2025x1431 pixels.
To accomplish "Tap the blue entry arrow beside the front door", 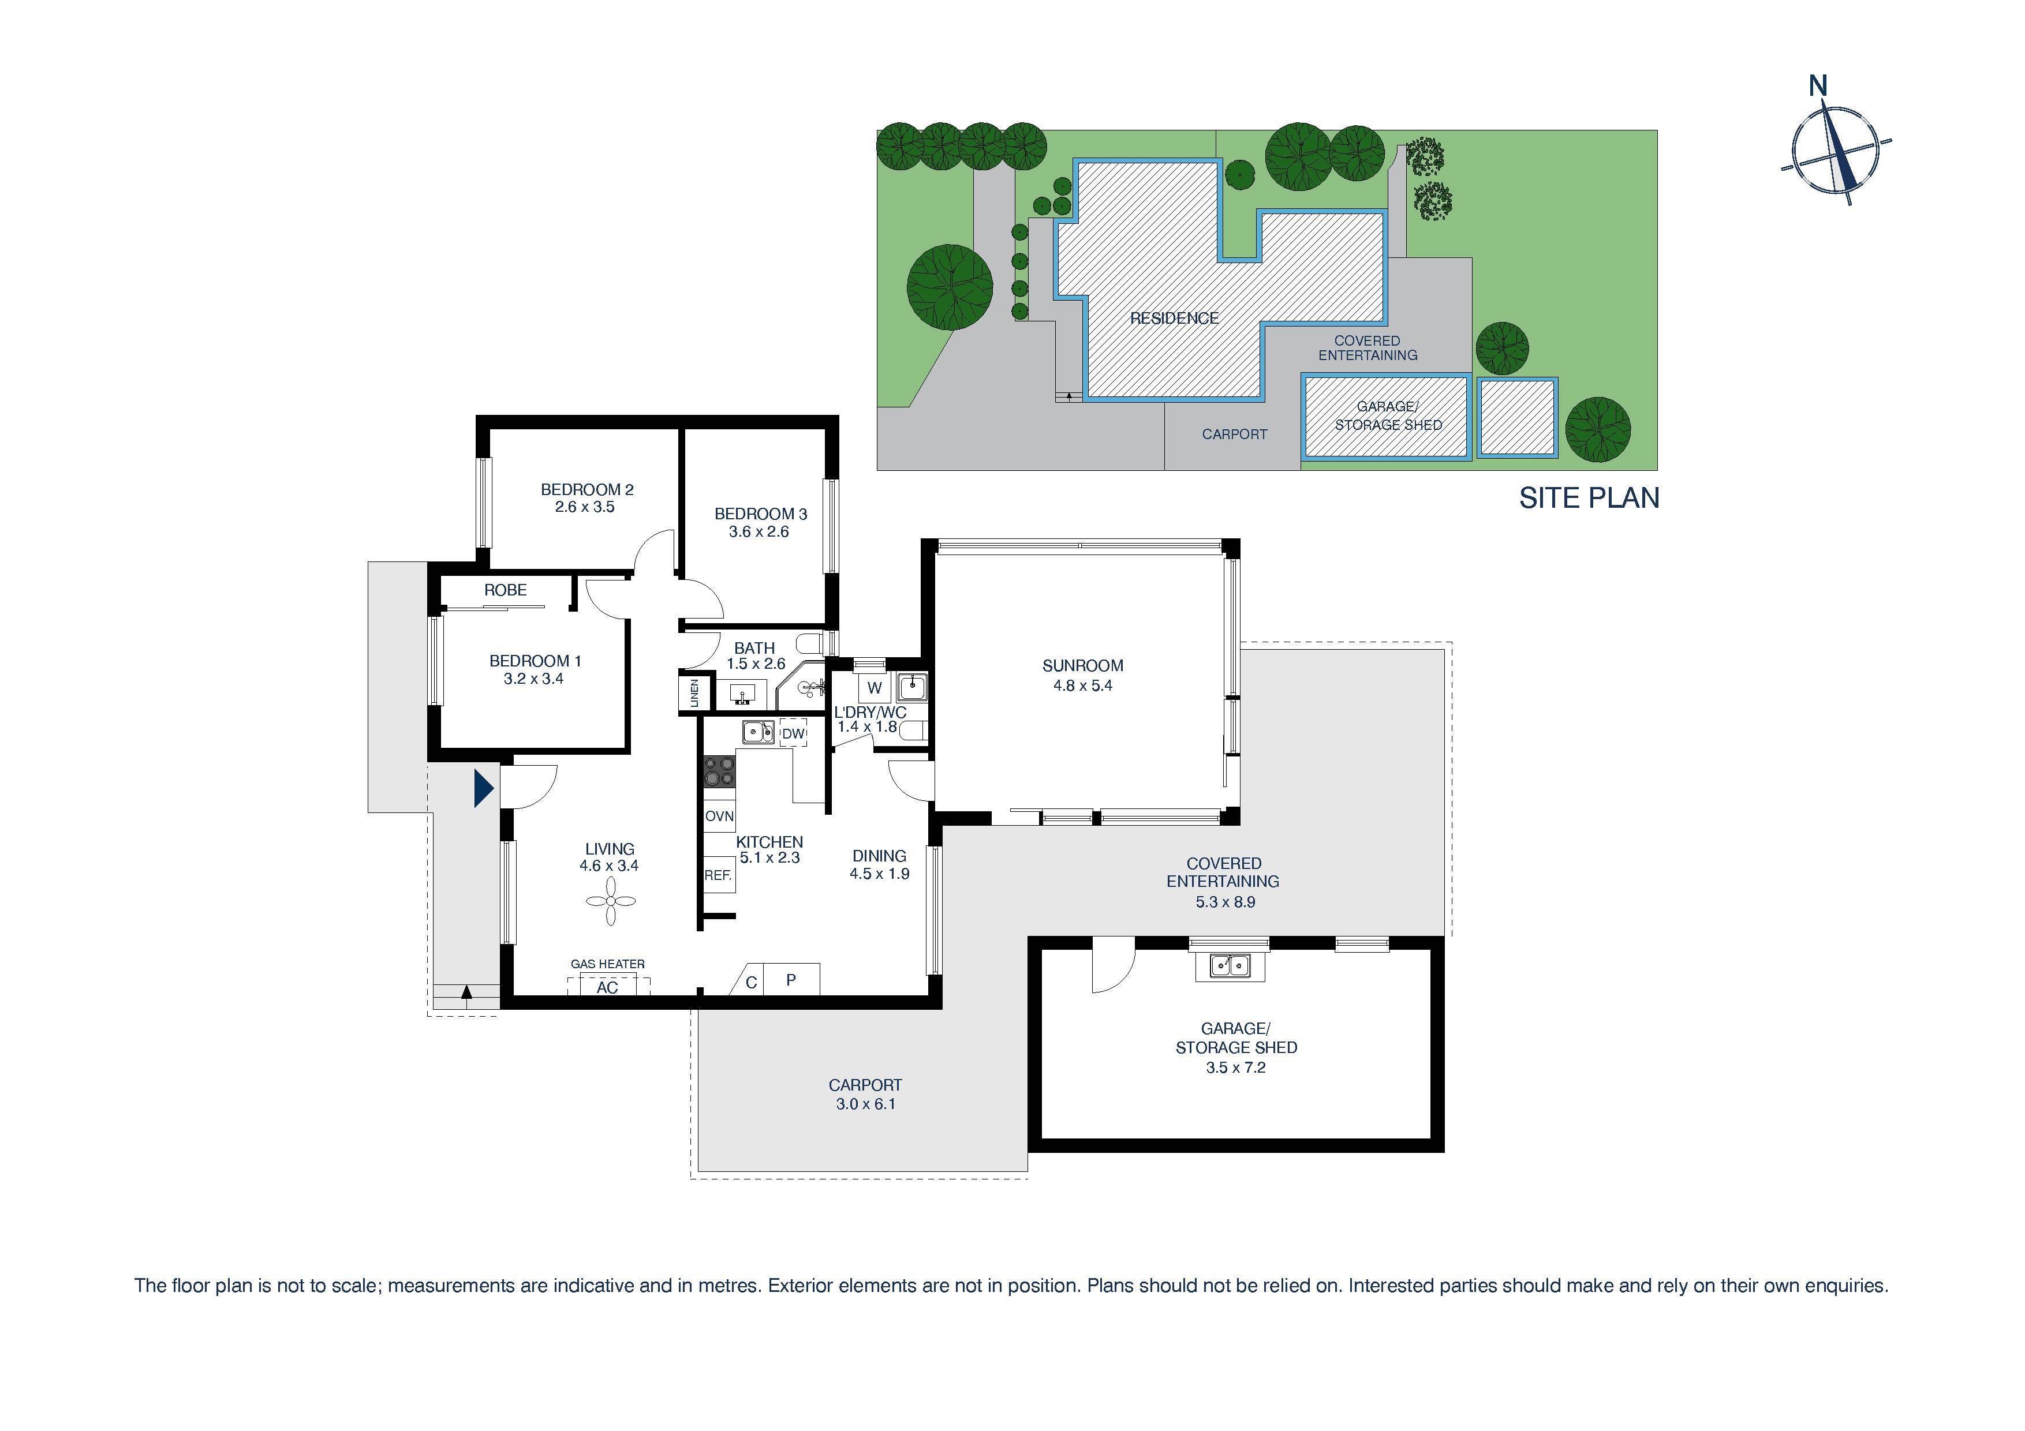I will [x=483, y=788].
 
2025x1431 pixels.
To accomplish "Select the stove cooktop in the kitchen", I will [x=719, y=773].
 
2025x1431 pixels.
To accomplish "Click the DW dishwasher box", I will [x=794, y=733].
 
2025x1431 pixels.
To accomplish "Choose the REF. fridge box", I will [x=718, y=875].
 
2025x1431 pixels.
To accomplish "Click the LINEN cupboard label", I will [x=694, y=693].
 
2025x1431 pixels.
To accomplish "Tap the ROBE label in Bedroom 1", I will [x=505, y=590].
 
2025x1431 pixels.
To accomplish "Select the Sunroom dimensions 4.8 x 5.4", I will [x=1082, y=685].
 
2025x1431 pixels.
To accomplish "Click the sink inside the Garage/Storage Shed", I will [x=1230, y=965].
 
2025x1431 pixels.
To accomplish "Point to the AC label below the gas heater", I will [x=608, y=987].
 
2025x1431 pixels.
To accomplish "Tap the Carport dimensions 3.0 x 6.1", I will [x=865, y=1104].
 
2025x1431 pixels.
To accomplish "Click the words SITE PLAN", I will [x=1589, y=498].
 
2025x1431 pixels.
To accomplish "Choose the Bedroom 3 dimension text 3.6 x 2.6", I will [x=759, y=531].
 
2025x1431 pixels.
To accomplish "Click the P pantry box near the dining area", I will [x=791, y=980].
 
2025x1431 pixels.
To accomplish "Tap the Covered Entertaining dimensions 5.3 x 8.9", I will [x=1225, y=902].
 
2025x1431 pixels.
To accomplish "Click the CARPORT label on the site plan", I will [x=1234, y=434].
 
